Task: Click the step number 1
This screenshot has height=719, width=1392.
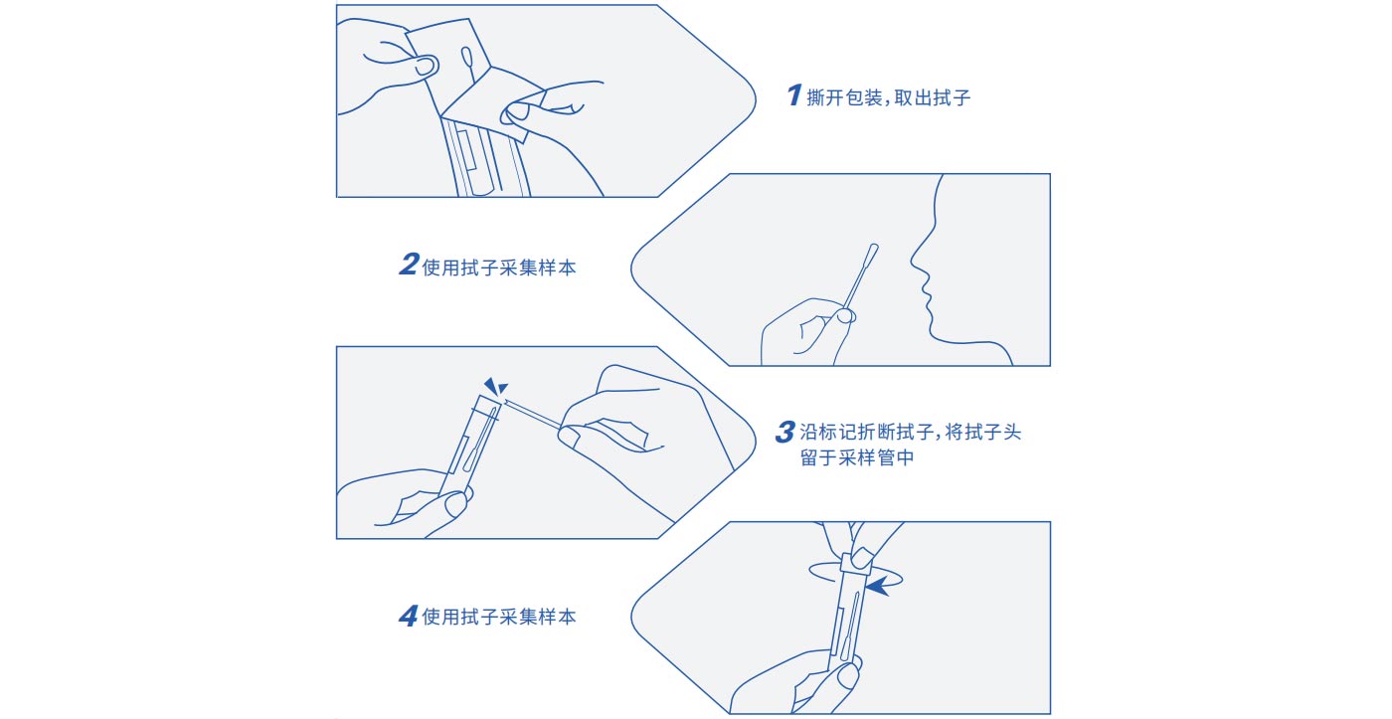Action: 794,95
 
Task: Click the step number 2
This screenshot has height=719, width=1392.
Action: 409,265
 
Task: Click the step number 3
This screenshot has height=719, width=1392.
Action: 784,432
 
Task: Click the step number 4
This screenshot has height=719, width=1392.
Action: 409,616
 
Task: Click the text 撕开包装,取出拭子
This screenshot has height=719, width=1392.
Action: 888,97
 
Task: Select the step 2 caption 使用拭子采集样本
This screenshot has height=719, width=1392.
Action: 499,268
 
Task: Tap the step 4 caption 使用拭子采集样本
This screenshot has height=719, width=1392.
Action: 499,617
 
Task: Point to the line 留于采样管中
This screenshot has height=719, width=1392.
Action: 857,458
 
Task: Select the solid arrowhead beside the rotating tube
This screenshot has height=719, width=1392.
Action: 877,586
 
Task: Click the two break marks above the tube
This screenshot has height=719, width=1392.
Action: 496,386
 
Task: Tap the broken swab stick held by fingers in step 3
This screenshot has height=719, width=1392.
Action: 533,415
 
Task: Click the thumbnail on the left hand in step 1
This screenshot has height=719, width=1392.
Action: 426,66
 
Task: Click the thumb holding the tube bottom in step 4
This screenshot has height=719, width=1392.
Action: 847,675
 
